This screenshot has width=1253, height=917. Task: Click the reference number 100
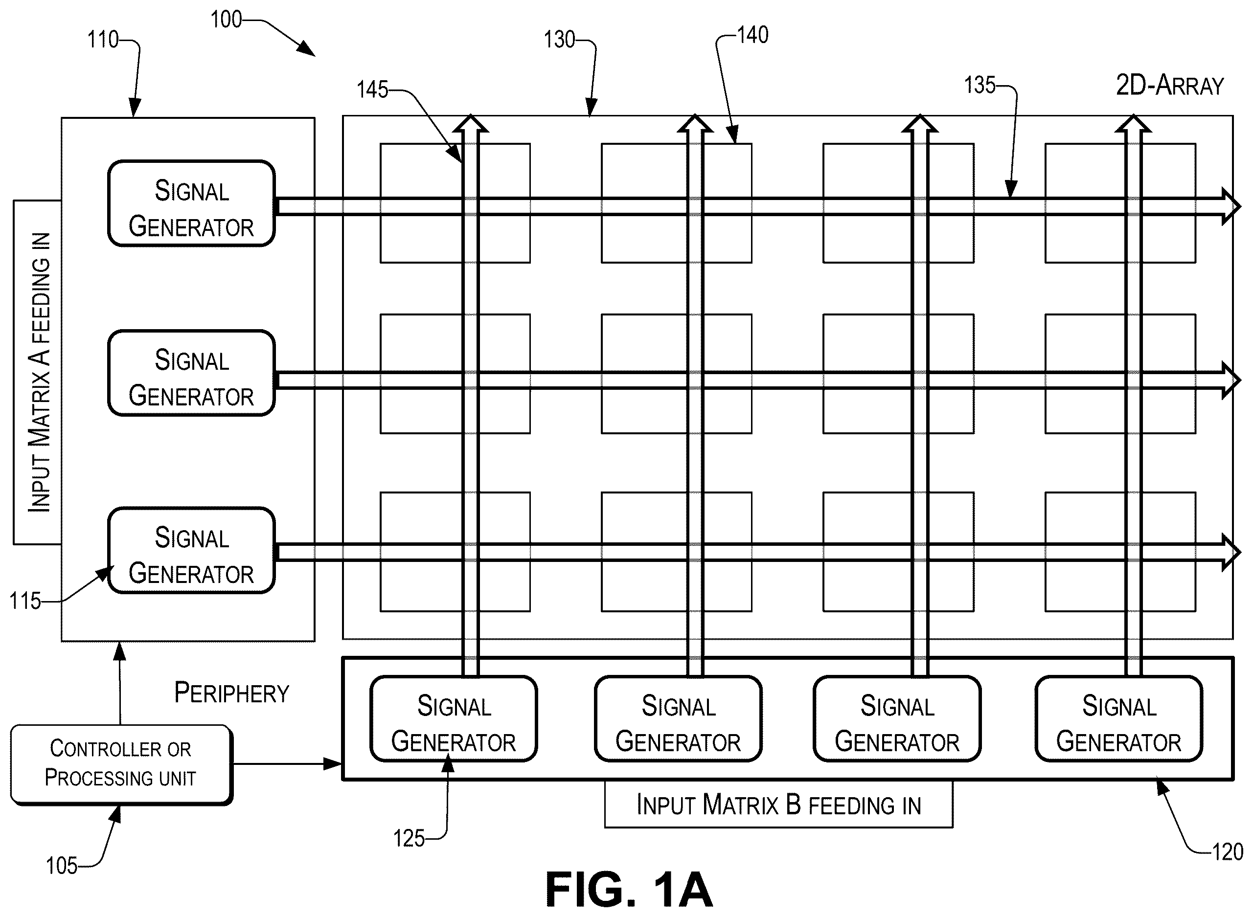[226, 20]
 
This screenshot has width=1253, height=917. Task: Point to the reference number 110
[103, 40]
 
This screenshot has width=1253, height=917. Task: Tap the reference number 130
[560, 40]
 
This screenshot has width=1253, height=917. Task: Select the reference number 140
[753, 36]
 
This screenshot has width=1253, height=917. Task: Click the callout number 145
[372, 90]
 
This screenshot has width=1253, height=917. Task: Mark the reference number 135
[980, 86]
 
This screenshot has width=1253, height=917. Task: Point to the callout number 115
[25, 601]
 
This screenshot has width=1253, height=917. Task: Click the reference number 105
[62, 866]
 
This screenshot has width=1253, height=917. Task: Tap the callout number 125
[409, 839]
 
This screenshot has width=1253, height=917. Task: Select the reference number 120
[1228, 852]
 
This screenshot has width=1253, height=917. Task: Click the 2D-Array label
[1170, 86]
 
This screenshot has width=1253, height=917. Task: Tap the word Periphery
[231, 693]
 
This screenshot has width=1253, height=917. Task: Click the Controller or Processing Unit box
[121, 764]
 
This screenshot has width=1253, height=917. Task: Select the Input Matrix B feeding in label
[778, 805]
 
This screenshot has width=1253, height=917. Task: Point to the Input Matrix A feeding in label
[40, 372]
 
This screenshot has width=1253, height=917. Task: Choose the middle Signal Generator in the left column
[191, 373]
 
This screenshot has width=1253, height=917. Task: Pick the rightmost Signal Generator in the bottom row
[1118, 718]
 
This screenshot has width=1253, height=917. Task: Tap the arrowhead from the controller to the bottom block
[333, 764]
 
